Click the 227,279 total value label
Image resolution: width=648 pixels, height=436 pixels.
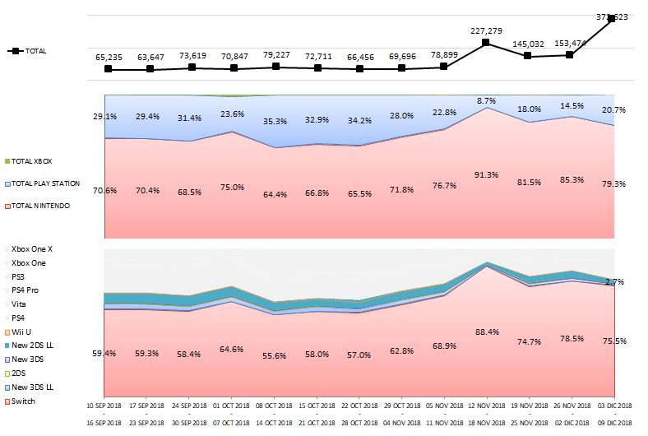(486, 30)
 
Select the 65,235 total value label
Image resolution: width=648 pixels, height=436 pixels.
(109, 58)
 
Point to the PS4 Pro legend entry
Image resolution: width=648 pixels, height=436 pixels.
(26, 290)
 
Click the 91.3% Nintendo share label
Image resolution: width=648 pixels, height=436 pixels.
(486, 174)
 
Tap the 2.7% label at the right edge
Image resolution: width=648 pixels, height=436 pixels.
(614, 281)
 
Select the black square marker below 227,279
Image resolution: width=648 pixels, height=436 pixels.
(486, 42)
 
